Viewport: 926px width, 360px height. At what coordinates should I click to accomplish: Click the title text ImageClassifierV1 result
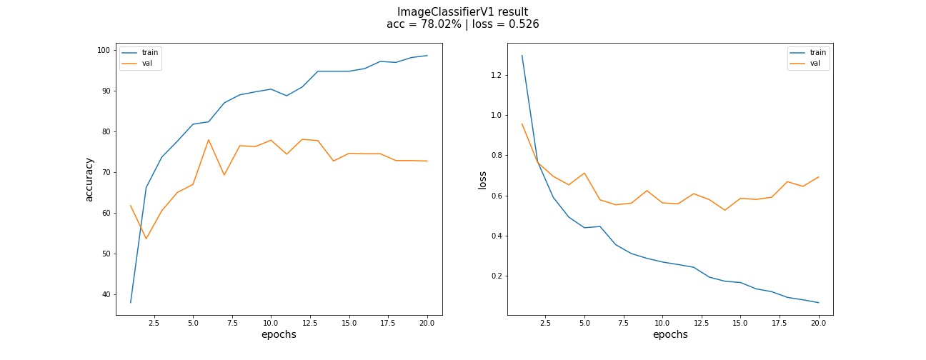462,11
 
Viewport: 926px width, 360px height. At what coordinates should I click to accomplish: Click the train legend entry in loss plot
818,52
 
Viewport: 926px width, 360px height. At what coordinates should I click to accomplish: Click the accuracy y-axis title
89,179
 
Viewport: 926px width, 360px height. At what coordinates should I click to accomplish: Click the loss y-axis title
482,179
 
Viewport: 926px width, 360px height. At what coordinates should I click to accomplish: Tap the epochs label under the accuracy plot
279,334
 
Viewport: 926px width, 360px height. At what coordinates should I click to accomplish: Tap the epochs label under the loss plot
670,334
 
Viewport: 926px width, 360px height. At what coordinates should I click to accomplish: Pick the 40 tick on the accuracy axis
106,294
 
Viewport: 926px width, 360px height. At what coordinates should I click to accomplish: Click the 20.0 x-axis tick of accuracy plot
427,322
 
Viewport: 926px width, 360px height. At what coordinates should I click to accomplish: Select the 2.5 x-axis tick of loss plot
545,322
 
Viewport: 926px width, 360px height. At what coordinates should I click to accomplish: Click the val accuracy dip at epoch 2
146,239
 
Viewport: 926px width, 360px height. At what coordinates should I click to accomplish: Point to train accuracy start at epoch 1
131,302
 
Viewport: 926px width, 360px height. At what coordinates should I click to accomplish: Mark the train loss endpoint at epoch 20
819,303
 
